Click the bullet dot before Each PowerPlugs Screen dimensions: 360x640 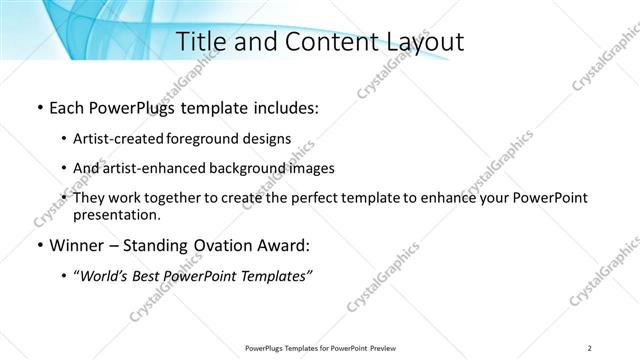(x=38, y=107)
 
